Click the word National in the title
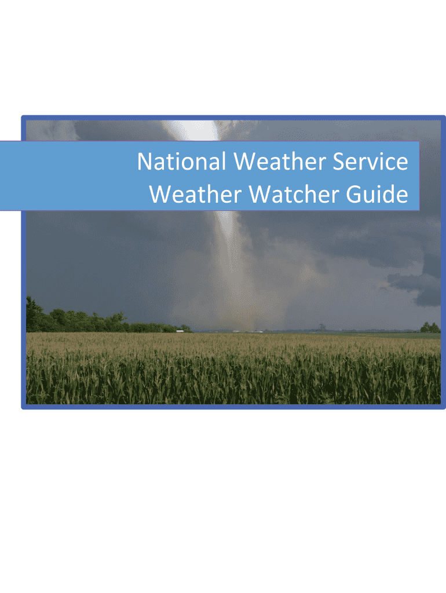(x=181, y=162)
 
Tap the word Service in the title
(x=370, y=162)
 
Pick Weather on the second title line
(x=196, y=194)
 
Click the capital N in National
(x=145, y=162)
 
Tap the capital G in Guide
(x=354, y=194)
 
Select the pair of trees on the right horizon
(x=430, y=328)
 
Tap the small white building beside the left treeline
(x=180, y=331)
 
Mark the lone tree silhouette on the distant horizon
(x=322, y=328)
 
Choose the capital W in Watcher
(x=260, y=194)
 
